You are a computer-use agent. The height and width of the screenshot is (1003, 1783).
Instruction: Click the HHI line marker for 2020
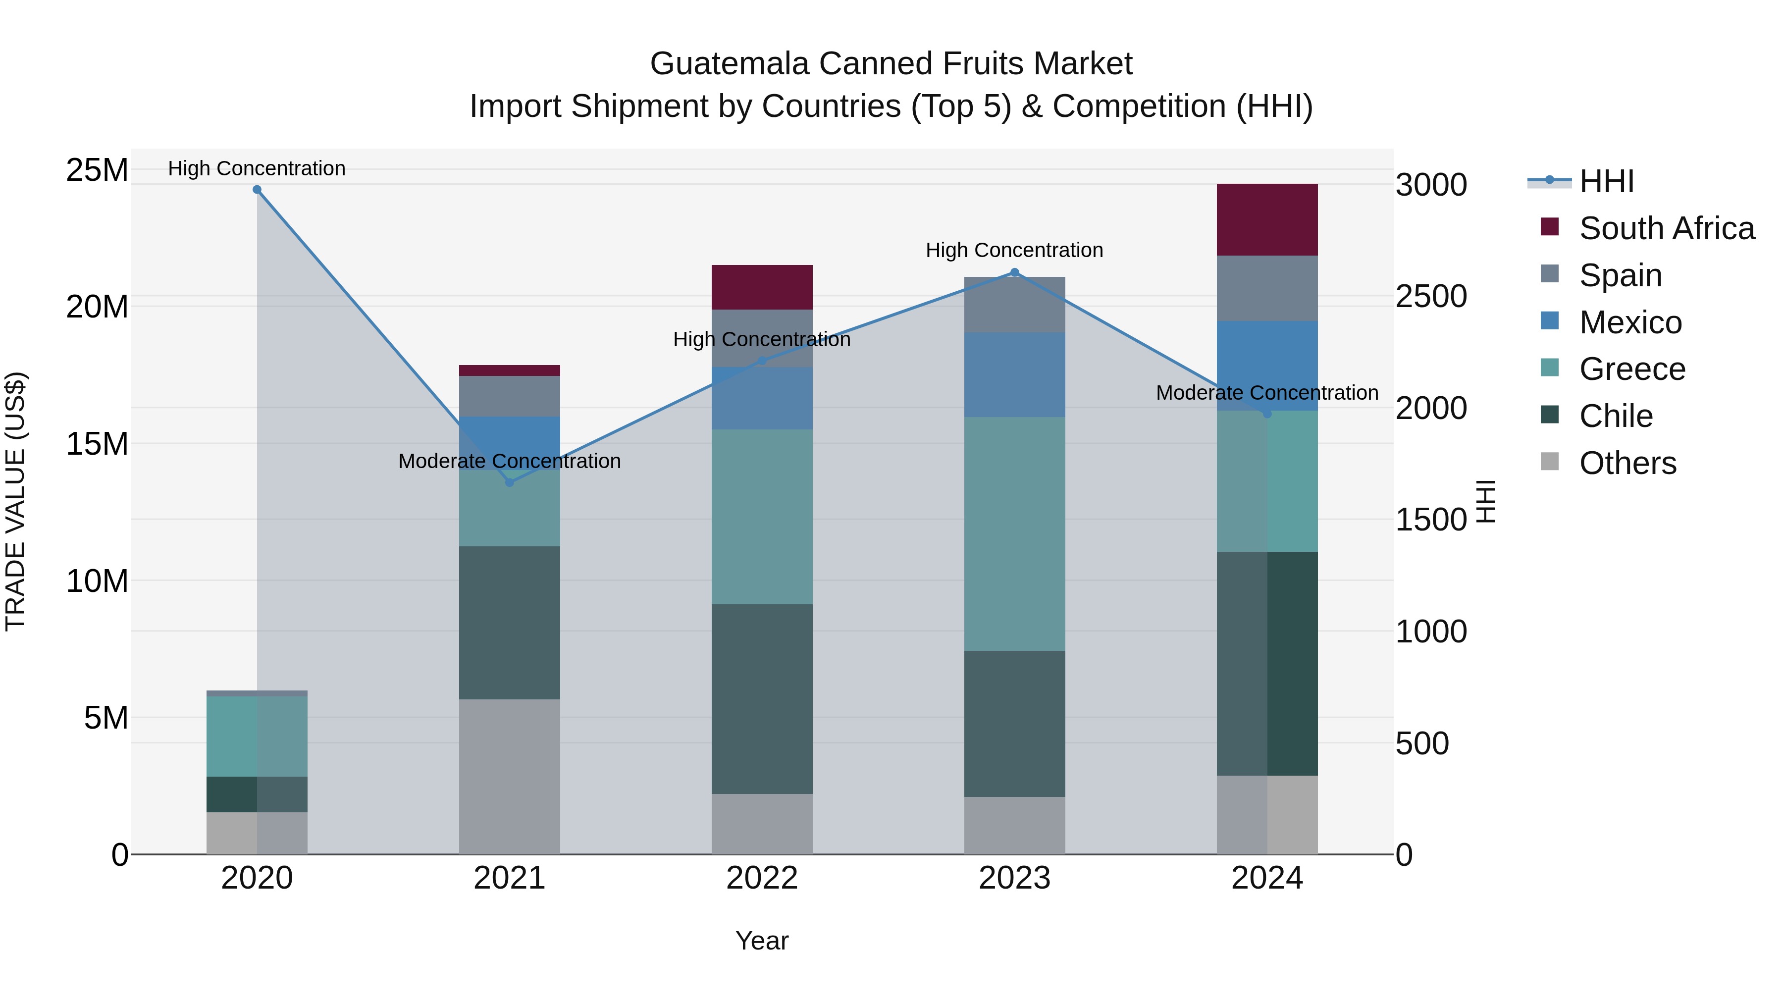257,190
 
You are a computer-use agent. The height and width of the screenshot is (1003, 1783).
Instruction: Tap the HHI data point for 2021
510,482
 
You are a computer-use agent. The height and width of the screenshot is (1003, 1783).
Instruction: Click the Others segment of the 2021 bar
510,776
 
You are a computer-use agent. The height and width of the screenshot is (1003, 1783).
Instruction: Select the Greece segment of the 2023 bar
1015,533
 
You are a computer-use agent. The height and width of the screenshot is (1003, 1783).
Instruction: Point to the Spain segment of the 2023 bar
1015,305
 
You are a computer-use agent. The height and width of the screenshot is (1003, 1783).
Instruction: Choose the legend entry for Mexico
1630,322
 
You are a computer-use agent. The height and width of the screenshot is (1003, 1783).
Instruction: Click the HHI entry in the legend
1606,181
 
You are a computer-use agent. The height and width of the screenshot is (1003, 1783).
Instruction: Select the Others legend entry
1627,463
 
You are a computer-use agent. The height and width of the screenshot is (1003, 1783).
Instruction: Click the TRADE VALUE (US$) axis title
15,501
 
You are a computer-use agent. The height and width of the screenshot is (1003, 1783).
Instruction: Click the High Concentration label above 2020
257,168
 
